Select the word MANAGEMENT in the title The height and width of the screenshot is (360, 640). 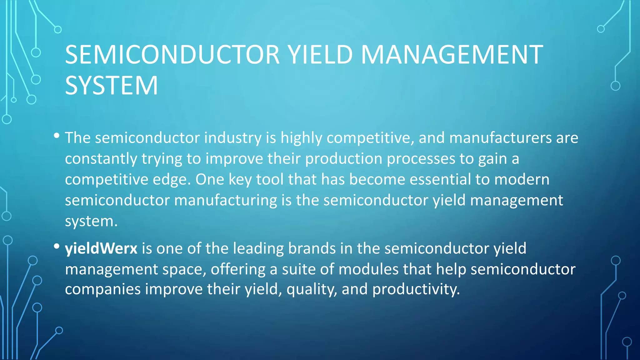pos(452,55)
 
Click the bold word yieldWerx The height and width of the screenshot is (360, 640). pos(101,248)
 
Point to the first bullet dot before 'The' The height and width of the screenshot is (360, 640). pos(57,136)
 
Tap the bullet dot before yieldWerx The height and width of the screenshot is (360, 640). pos(57,246)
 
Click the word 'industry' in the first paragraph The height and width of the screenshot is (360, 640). pos(233,138)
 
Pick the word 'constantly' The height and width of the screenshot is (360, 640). pos(101,159)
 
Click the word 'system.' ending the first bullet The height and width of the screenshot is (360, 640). pos(91,221)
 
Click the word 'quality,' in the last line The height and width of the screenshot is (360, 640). pos(312,289)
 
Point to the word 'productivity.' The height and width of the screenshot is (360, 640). pos(416,289)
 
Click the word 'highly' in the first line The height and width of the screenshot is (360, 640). pos(301,138)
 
